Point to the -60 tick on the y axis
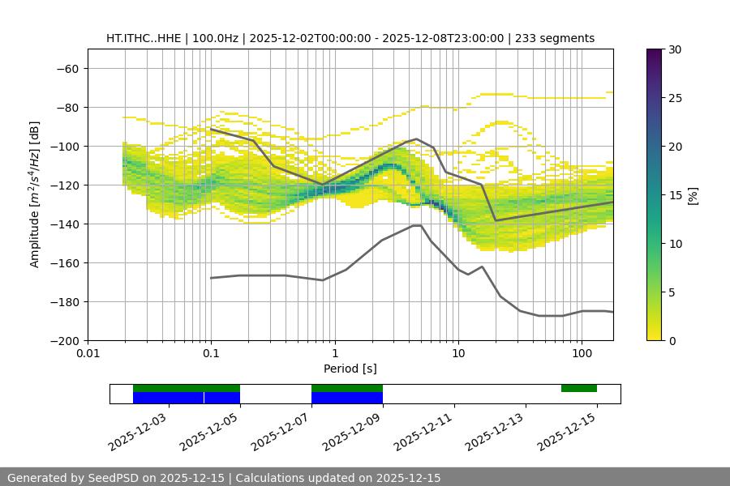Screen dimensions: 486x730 67,68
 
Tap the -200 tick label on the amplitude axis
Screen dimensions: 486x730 64,340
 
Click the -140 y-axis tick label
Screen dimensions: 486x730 64,224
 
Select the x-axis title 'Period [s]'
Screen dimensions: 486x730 350,369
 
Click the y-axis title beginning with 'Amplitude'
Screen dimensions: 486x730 35,194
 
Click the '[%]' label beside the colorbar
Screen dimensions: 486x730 693,195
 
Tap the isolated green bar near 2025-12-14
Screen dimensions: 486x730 578,388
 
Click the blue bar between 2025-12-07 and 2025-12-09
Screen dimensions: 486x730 346,398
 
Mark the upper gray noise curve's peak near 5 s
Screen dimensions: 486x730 416,139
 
